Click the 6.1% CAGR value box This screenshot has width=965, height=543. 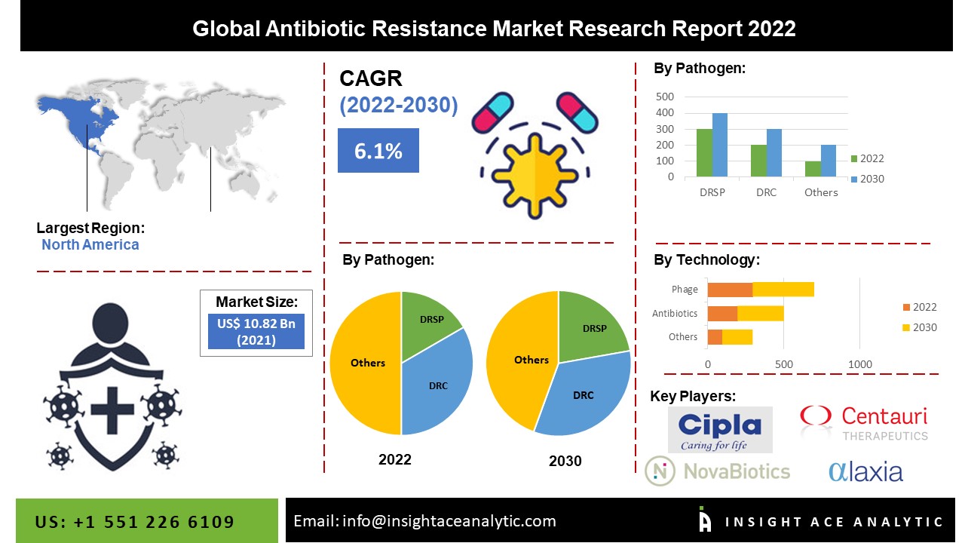[x=378, y=151]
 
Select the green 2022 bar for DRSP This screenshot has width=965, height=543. [x=704, y=153]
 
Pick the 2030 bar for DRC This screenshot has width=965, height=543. [x=774, y=153]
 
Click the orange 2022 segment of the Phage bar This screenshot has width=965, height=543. [x=730, y=289]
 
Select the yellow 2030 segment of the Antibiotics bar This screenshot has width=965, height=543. [x=761, y=313]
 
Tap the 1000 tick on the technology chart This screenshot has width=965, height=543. [x=860, y=364]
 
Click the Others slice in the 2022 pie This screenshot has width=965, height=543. [x=367, y=363]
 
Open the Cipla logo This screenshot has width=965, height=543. [x=720, y=430]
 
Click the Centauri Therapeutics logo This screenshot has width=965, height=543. [x=864, y=423]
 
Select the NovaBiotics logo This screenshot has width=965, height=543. [x=717, y=471]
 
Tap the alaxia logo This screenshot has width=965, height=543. [x=865, y=471]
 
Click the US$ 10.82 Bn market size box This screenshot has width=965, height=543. [x=256, y=331]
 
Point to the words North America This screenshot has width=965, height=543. [x=90, y=244]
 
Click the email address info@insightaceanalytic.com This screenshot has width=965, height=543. [x=449, y=520]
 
